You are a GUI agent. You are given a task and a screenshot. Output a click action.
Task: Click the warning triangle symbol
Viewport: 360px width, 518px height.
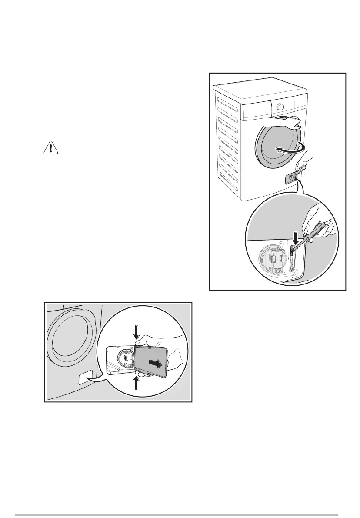coord(51,148)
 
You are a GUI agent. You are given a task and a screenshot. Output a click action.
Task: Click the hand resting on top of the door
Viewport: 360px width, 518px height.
coord(295,121)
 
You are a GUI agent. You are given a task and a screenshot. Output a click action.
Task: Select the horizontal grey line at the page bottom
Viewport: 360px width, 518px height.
coord(180,504)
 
